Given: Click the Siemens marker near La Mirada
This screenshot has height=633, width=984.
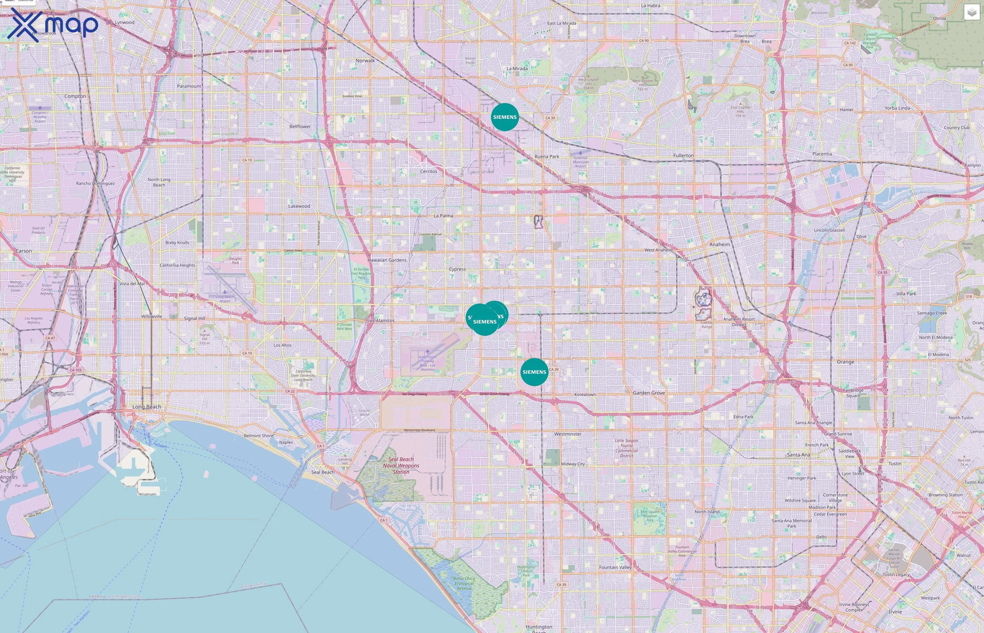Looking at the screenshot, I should point(505,117).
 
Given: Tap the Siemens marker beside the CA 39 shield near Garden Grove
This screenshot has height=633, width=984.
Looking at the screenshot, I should point(534,372).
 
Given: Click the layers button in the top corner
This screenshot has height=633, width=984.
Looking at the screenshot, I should point(972,12).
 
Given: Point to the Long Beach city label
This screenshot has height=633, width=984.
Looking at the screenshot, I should point(147,407).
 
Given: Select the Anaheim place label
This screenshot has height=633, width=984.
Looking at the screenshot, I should point(719,244).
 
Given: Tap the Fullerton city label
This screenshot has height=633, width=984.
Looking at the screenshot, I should point(684,156).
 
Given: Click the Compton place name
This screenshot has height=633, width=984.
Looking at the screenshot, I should point(75,96).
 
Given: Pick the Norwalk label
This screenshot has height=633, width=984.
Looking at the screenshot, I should point(365,61).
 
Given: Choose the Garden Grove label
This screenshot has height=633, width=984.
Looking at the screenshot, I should point(648,393).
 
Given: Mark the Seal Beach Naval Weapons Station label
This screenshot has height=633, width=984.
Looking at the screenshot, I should point(401,466).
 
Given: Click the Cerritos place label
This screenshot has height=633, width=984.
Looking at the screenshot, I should point(428,171).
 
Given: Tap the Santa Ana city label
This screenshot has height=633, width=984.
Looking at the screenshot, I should point(798,455).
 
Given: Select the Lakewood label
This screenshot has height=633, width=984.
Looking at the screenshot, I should point(299,206).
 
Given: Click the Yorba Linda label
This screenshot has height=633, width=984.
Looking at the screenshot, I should point(897,108).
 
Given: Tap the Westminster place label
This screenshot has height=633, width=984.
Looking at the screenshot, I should point(568,434).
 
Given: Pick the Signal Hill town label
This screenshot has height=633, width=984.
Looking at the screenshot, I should point(194,319).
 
